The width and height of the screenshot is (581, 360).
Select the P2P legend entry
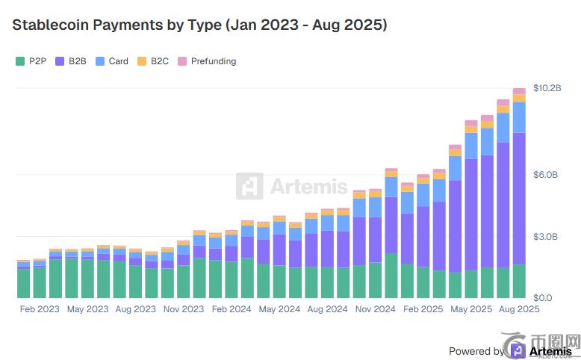coord(31,61)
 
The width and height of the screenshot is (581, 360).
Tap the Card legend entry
coord(112,61)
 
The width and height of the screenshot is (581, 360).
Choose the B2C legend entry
coord(153,61)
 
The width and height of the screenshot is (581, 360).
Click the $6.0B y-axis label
coord(546,175)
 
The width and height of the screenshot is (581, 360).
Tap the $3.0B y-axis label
coord(546,237)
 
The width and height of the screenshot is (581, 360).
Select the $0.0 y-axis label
coord(544,297)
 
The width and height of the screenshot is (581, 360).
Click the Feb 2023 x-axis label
coord(40,308)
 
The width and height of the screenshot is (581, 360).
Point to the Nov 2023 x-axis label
coord(184,308)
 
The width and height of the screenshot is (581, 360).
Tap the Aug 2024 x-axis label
coord(328,308)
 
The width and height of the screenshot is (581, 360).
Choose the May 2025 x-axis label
coord(471,308)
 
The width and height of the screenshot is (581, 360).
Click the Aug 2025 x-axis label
coord(519,308)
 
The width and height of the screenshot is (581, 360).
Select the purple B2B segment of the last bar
coord(519,198)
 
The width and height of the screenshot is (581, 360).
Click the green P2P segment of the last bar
coord(519,281)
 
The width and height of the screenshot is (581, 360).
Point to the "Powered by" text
coord(476,351)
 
